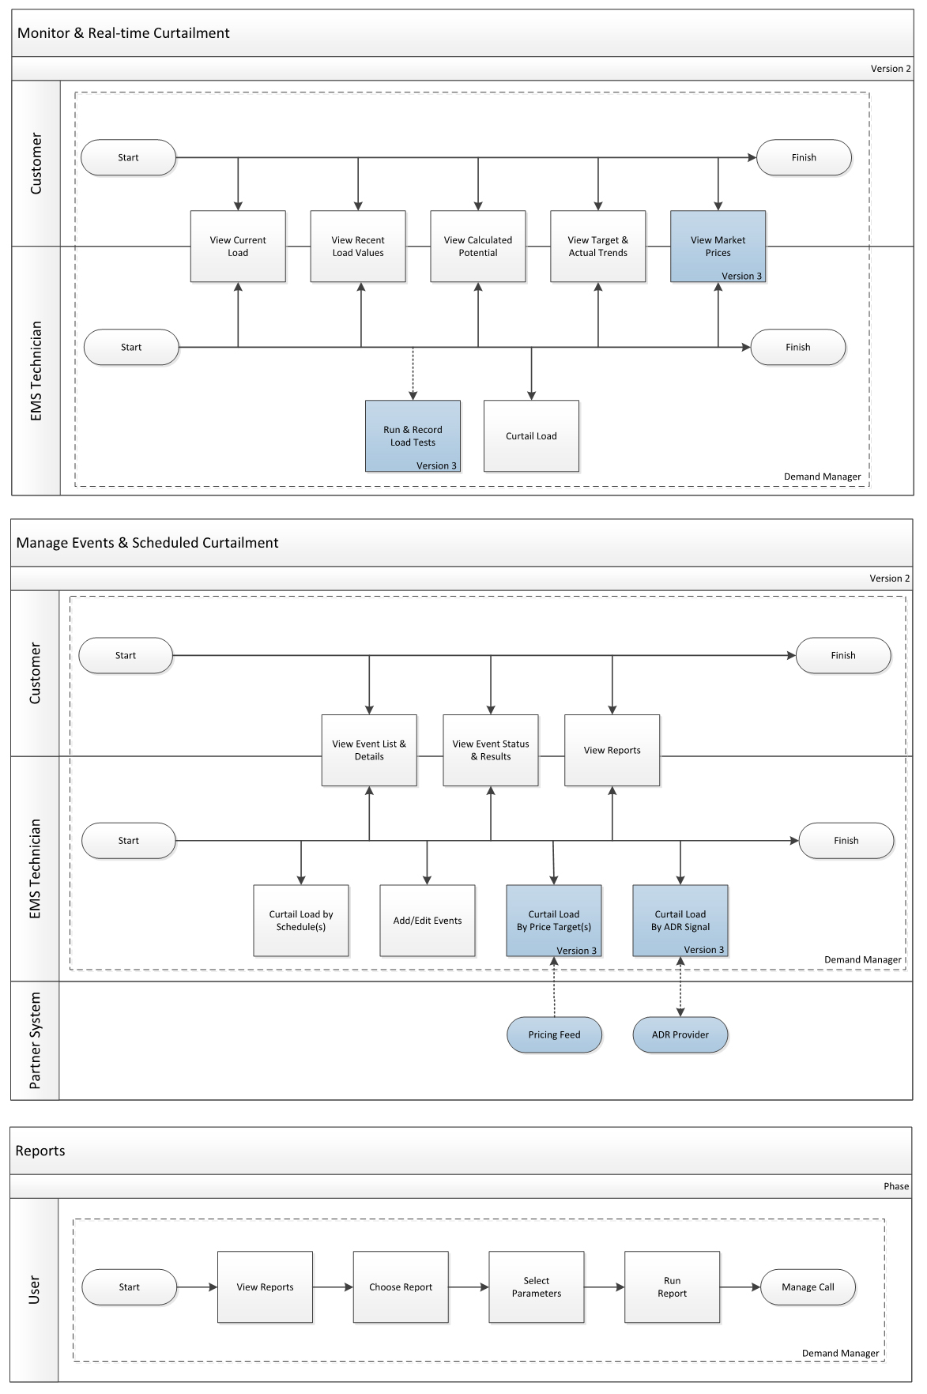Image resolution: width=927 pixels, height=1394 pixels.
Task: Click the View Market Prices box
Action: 718,246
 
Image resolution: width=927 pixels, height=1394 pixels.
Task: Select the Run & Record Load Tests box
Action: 413,435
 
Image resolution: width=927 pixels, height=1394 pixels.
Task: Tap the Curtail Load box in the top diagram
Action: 531,435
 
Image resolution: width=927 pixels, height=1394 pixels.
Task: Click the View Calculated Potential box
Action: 478,246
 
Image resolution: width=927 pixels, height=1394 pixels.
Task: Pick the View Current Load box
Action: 238,246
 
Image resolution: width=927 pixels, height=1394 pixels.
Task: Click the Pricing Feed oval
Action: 554,1034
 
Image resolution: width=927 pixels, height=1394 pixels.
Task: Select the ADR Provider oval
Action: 680,1034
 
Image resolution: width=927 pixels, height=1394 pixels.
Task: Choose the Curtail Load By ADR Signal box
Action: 680,920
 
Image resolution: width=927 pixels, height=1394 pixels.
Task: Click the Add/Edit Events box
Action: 428,920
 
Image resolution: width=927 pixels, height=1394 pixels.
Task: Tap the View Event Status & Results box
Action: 491,750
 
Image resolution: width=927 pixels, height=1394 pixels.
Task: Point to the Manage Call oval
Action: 808,1287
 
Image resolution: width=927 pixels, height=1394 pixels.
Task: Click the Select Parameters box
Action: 537,1287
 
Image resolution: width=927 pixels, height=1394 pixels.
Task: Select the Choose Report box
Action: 401,1287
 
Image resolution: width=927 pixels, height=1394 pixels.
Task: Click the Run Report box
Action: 672,1287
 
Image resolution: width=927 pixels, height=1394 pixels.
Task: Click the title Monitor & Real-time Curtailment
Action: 123,33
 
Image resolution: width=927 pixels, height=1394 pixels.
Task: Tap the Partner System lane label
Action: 35,1040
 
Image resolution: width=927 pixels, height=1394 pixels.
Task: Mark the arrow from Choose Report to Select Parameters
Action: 469,1287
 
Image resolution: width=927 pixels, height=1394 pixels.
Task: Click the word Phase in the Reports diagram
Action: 895,1186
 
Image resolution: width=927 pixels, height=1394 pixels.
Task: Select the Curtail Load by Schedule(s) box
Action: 301,920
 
